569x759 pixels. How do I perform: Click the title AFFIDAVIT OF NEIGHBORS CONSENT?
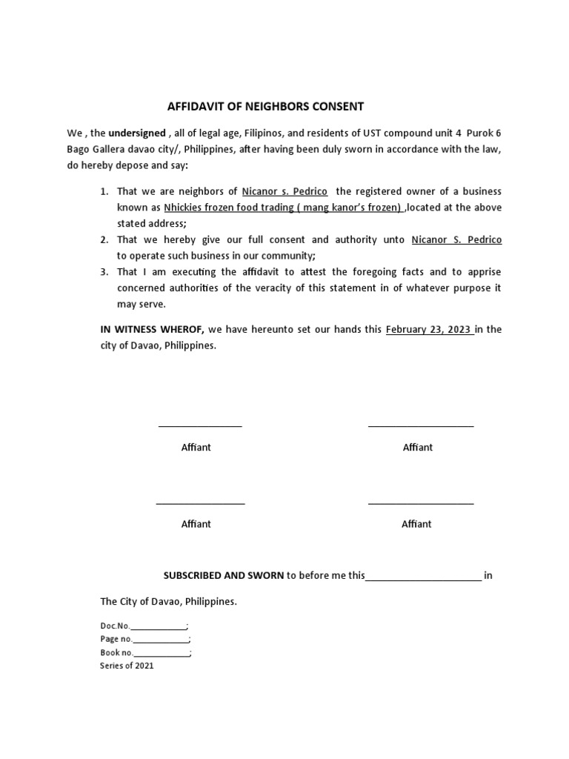coord(266,106)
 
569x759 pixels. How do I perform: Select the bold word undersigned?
coord(137,133)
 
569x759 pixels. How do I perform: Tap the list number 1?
coord(104,192)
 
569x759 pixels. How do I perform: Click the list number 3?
coord(104,272)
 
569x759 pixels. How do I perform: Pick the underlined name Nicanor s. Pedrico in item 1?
coord(284,192)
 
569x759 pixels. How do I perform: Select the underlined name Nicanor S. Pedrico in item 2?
coord(456,239)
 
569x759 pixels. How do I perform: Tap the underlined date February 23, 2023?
coord(429,330)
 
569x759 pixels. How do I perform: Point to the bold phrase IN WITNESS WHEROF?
coord(152,330)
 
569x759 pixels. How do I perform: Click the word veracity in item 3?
coord(294,288)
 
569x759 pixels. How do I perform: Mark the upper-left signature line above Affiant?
coord(200,426)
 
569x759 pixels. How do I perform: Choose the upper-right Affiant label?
coord(418,447)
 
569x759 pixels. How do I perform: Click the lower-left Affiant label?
coord(196,524)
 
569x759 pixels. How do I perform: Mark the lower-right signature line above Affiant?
coord(421,503)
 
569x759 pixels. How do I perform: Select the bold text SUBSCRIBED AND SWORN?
coord(224,575)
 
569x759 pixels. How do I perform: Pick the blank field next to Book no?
coord(162,654)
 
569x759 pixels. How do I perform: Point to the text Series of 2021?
coord(127,666)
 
